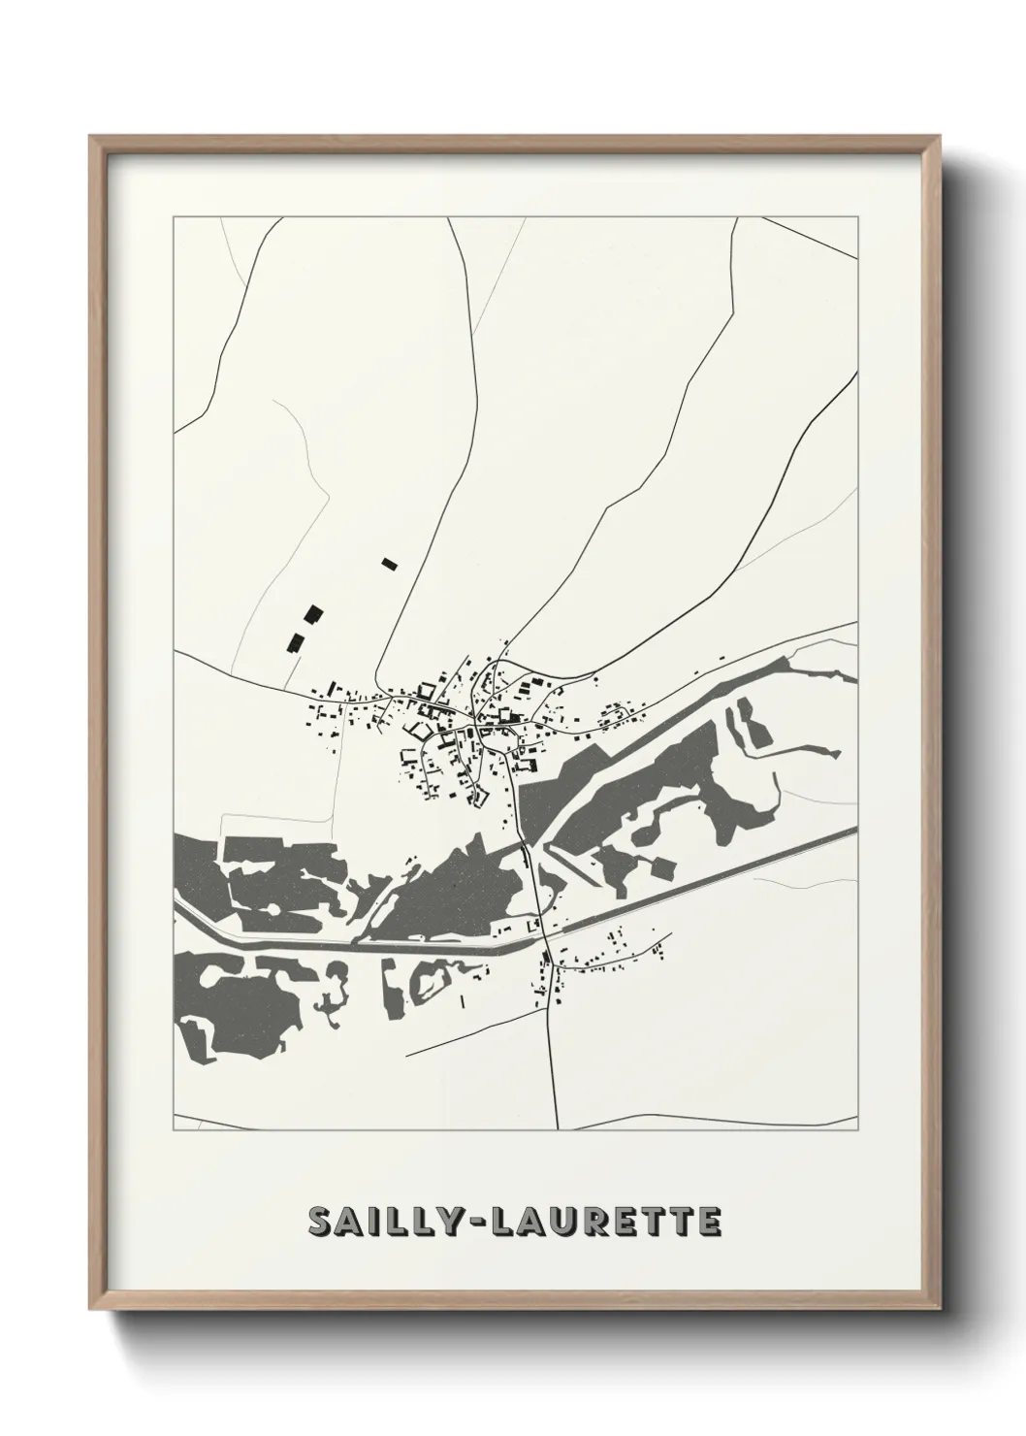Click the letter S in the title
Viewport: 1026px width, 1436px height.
tap(320, 1223)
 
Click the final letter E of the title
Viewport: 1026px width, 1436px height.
tap(709, 1223)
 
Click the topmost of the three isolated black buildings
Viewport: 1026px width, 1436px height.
tap(390, 563)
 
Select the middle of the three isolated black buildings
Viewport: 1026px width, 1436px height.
tap(312, 613)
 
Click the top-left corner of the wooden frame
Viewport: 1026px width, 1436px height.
tap(91, 137)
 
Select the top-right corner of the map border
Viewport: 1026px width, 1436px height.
tap(858, 217)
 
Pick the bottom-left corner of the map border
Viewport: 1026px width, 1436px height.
tap(174, 1130)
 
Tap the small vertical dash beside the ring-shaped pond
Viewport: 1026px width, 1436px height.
tap(464, 998)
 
